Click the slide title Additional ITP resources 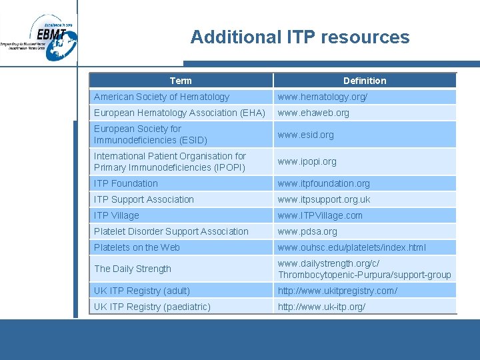tap(300, 37)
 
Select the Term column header tap(181, 81)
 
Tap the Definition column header tap(365, 81)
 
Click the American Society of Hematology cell tap(161, 97)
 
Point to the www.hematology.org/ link tap(323, 97)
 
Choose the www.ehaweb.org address tap(313, 113)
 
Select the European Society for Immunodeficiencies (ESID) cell tap(151, 134)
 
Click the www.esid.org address tap(305, 135)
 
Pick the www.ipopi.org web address tap(307, 161)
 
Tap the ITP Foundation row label tap(126, 183)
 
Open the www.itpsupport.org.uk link tap(324, 199)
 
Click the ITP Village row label tap(117, 215)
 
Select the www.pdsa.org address tap(307, 231)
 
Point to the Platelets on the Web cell tap(137, 247)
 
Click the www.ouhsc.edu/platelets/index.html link tap(352, 247)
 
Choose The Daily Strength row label tap(133, 269)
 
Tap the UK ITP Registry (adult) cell tap(142, 291)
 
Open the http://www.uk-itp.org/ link tap(321, 307)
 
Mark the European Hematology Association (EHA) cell tap(179, 113)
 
